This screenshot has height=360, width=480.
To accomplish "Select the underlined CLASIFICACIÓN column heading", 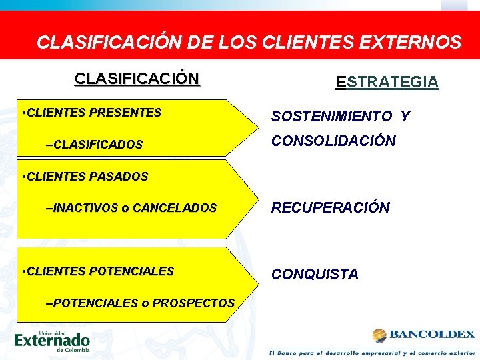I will coord(137,79).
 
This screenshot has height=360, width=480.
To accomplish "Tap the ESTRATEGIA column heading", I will coord(387,82).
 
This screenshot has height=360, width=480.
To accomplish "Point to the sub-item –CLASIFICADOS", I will coord(93,145).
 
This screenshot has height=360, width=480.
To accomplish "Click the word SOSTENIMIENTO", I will coord(331,117).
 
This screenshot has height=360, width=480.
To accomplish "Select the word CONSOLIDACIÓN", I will coord(333,141).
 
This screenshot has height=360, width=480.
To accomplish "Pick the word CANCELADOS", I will coord(175,208).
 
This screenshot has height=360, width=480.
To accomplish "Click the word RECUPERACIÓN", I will coord(330,207).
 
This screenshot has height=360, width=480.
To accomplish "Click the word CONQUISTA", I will coord(314,274).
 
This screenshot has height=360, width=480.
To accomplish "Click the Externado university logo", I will coord(52,341).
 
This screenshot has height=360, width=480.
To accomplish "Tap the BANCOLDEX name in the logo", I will coord(431,334).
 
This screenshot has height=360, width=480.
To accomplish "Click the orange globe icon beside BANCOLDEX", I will coord(379,335).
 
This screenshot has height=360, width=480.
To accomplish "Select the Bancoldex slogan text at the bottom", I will coord(372,351).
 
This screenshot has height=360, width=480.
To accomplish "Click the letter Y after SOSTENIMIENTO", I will coord(405,117).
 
